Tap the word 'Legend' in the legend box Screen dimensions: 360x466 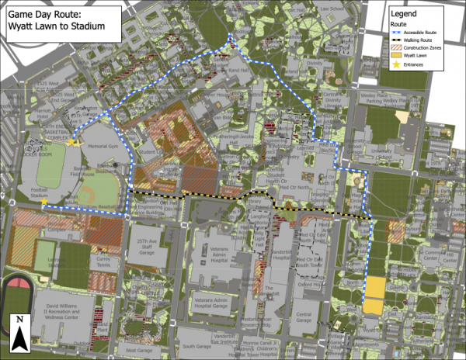click(407, 14)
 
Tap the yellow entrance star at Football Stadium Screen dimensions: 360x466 click(44, 202)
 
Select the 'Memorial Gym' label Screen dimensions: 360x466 click(102, 146)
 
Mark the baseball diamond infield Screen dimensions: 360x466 click(87, 195)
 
